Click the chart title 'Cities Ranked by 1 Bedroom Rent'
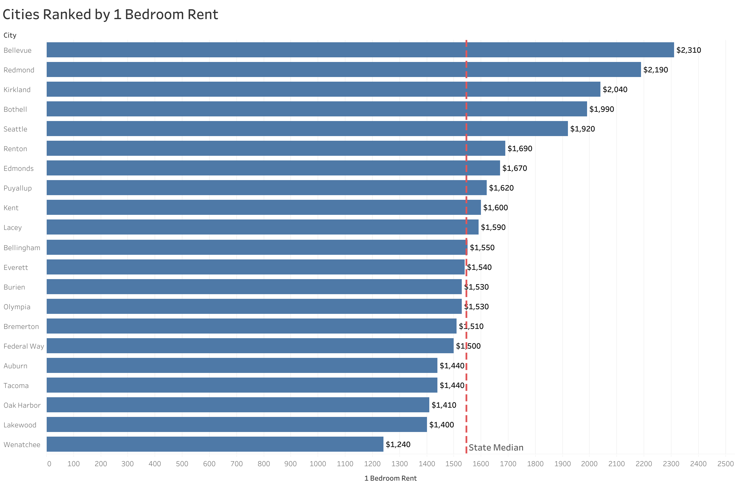coord(110,14)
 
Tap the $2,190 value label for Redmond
coord(655,70)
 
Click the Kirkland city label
coord(17,90)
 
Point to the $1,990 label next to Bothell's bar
coord(601,109)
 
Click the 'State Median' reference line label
coord(495,448)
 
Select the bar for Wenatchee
coord(215,444)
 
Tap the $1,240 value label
coord(398,444)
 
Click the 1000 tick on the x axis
coord(318,464)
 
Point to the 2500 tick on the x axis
coord(725,464)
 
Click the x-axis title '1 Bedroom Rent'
coord(390,478)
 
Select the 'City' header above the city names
coord(10,35)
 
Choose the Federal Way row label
coord(23,346)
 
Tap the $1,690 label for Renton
coord(519,149)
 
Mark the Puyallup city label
coord(18,188)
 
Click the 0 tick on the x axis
coord(49,464)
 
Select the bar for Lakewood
coord(236,424)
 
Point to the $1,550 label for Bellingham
coord(482,248)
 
